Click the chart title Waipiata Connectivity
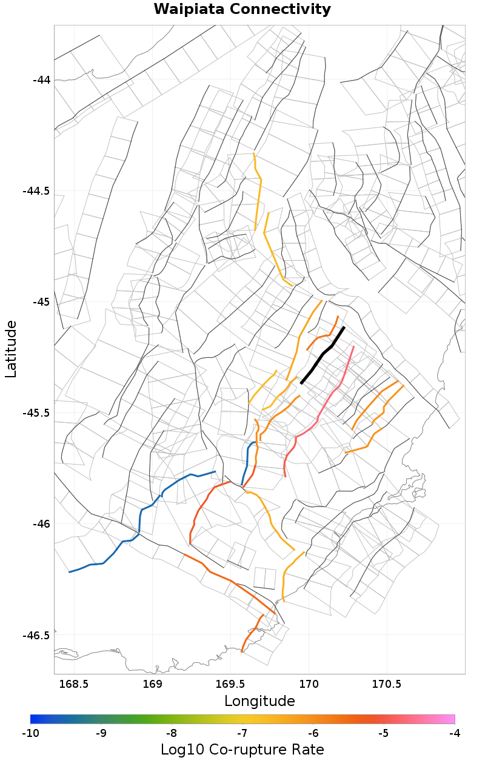(242, 10)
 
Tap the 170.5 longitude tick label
(387, 684)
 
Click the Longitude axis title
(259, 701)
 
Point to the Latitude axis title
(11, 349)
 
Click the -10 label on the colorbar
(30, 733)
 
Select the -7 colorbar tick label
(242, 733)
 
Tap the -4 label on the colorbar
(455, 733)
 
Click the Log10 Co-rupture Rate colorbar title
(242, 750)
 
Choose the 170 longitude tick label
(309, 684)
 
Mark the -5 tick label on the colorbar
(384, 733)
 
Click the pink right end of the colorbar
(450, 719)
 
